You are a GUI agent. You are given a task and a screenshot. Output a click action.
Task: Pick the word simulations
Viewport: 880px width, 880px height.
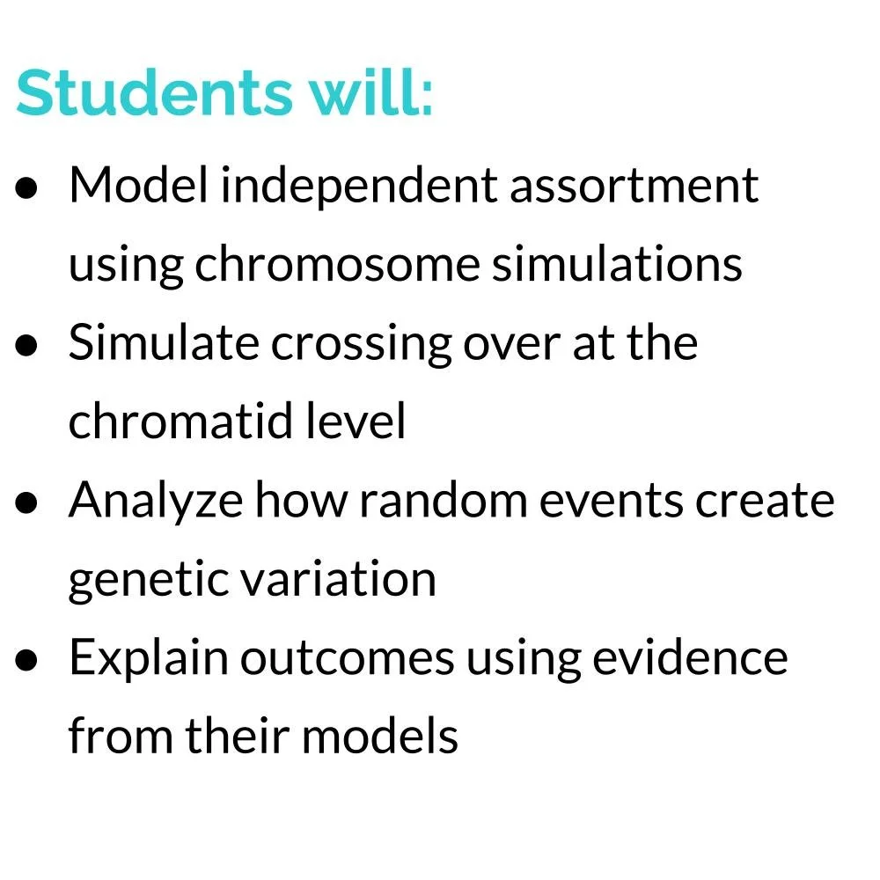click(x=617, y=264)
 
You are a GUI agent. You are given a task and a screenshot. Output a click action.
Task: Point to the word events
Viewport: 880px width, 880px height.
click(x=626, y=500)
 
